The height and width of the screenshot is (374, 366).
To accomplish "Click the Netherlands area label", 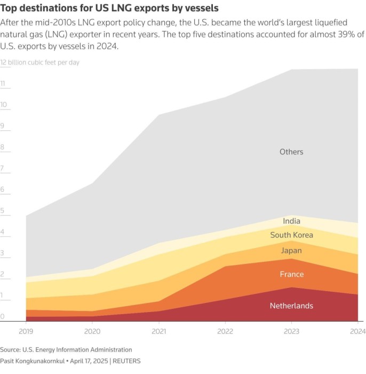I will tap(291, 306).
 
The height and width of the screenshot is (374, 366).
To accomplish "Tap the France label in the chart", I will tap(291, 274).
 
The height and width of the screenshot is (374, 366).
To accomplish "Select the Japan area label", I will tap(291, 251).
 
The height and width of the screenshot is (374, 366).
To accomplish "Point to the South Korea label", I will tap(291, 235).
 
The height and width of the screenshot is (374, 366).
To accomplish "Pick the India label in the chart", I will tap(291, 221).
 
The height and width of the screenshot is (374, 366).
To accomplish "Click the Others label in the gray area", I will tap(291, 152).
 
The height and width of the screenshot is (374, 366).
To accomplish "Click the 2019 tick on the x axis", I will tap(26, 331).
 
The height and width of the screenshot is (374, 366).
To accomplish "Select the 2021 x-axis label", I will tap(158, 331).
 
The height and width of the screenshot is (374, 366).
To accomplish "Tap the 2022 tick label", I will tap(225, 331).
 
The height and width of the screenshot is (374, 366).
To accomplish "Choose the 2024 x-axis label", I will tap(357, 331).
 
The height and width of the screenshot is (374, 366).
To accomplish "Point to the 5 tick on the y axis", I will tap(3, 211).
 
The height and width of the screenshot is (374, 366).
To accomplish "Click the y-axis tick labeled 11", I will tap(3, 84).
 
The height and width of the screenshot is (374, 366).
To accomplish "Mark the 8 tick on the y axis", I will tap(3, 147).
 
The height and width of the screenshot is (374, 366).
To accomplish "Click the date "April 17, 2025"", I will tap(86, 361).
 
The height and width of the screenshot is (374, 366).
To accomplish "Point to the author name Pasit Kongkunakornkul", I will tap(32, 361).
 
